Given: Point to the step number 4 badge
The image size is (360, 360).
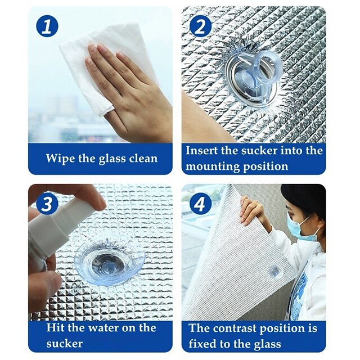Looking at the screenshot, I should point(201,204).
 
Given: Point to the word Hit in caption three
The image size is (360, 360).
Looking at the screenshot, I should point(56,328).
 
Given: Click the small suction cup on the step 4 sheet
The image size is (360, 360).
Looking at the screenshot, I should point(276,272).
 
